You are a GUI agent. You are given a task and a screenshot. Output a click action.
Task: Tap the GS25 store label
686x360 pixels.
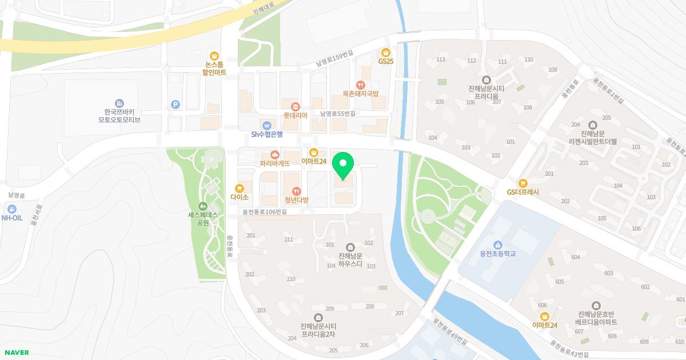click(386, 61)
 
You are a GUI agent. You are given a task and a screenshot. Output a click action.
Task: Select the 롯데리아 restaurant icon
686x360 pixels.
click(296, 106)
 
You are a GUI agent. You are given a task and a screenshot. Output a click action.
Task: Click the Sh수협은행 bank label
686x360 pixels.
click(267, 134)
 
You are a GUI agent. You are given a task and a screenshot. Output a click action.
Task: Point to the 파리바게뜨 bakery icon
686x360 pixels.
click(275, 154)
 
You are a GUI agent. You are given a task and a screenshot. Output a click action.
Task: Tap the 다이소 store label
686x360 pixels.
click(240, 197)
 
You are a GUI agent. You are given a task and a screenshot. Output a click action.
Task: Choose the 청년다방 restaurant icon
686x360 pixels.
click(296, 191)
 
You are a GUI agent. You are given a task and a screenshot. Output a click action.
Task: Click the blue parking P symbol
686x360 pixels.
click(176, 105)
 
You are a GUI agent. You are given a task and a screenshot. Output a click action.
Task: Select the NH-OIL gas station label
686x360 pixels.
click(12, 218)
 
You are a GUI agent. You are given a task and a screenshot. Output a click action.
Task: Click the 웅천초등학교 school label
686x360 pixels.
click(498, 253)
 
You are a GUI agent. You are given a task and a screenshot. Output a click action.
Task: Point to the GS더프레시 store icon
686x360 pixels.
click(523, 183)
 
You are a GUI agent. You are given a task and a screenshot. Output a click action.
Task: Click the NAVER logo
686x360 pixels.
click(15, 353)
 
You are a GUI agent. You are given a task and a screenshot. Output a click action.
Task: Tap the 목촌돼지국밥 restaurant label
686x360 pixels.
click(360, 93)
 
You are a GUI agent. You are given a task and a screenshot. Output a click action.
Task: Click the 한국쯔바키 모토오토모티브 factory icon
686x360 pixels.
click(119, 103)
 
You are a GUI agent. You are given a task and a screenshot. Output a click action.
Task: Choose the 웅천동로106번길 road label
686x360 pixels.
click(264, 211)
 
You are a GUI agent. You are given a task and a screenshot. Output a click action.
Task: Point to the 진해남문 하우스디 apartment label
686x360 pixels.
click(350, 260)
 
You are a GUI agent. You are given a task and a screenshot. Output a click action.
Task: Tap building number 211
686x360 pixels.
click(289, 239)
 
